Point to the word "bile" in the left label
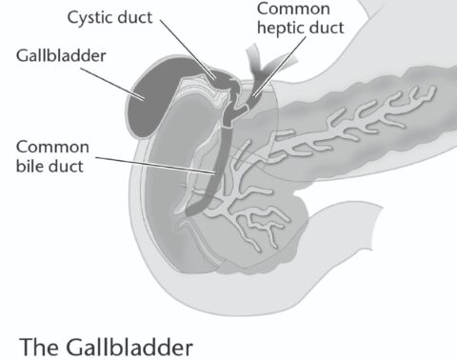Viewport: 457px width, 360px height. pos(30,169)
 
